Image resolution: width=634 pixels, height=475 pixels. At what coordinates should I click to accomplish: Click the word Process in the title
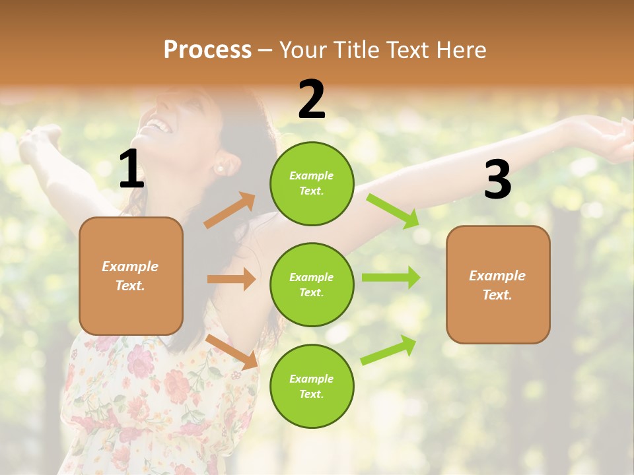pyautogui.click(x=207, y=50)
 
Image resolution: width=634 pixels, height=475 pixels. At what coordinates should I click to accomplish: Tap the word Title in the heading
pyautogui.click(x=359, y=50)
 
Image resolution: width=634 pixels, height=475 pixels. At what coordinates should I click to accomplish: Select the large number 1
pyautogui.click(x=131, y=170)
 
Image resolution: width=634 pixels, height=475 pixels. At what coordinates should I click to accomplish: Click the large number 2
pyautogui.click(x=312, y=100)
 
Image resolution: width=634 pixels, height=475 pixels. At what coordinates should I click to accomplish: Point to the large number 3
pyautogui.click(x=497, y=180)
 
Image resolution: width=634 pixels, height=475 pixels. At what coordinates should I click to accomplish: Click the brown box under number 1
pyautogui.click(x=131, y=276)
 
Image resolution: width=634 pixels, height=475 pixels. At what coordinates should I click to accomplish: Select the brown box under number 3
pyautogui.click(x=498, y=284)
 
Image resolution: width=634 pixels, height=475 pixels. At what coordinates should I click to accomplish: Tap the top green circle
pyautogui.click(x=312, y=183)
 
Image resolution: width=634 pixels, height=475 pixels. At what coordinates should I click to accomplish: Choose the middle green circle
pyautogui.click(x=312, y=284)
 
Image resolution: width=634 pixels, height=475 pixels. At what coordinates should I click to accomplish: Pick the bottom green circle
pyautogui.click(x=312, y=386)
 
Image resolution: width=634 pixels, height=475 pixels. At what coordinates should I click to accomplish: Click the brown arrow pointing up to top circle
pyautogui.click(x=230, y=210)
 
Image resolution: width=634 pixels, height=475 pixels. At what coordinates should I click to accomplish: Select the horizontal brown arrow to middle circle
pyautogui.click(x=231, y=279)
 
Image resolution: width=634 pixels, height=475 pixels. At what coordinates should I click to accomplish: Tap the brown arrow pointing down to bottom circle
pyautogui.click(x=232, y=352)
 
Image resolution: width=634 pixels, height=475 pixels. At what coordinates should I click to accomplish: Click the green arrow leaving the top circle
pyautogui.click(x=393, y=211)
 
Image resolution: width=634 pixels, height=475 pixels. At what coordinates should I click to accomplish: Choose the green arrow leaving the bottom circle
pyautogui.click(x=388, y=350)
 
